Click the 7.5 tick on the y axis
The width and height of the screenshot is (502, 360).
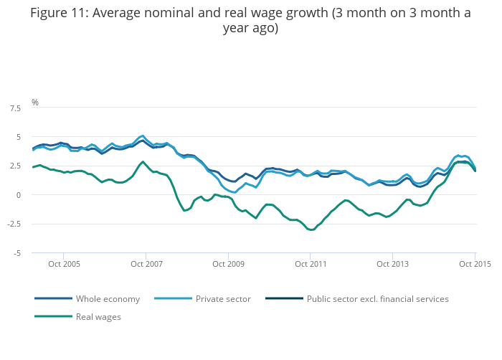(x=14, y=108)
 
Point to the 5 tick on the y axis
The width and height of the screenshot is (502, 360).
(x=17, y=136)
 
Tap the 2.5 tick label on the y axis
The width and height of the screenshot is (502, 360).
(x=14, y=166)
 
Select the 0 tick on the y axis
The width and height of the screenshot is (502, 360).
(x=17, y=195)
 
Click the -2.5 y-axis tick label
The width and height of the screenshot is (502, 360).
(x=14, y=224)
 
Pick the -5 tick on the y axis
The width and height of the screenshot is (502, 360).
(x=16, y=253)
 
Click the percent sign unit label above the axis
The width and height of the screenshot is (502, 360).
(x=34, y=103)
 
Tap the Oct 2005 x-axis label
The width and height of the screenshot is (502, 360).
(x=64, y=264)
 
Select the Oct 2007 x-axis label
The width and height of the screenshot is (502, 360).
(x=146, y=264)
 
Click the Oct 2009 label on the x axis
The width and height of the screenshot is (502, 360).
(x=228, y=264)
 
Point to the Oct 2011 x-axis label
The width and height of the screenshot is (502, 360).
(x=310, y=264)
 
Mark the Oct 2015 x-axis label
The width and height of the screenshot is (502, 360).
(x=475, y=264)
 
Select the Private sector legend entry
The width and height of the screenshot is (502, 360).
(x=223, y=298)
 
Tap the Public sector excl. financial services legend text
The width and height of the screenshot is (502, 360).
(x=377, y=298)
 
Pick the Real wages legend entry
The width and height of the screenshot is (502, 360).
(x=98, y=316)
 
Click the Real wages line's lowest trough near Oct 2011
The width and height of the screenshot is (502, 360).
(x=311, y=229)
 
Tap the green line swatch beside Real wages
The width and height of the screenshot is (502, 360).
(x=53, y=316)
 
